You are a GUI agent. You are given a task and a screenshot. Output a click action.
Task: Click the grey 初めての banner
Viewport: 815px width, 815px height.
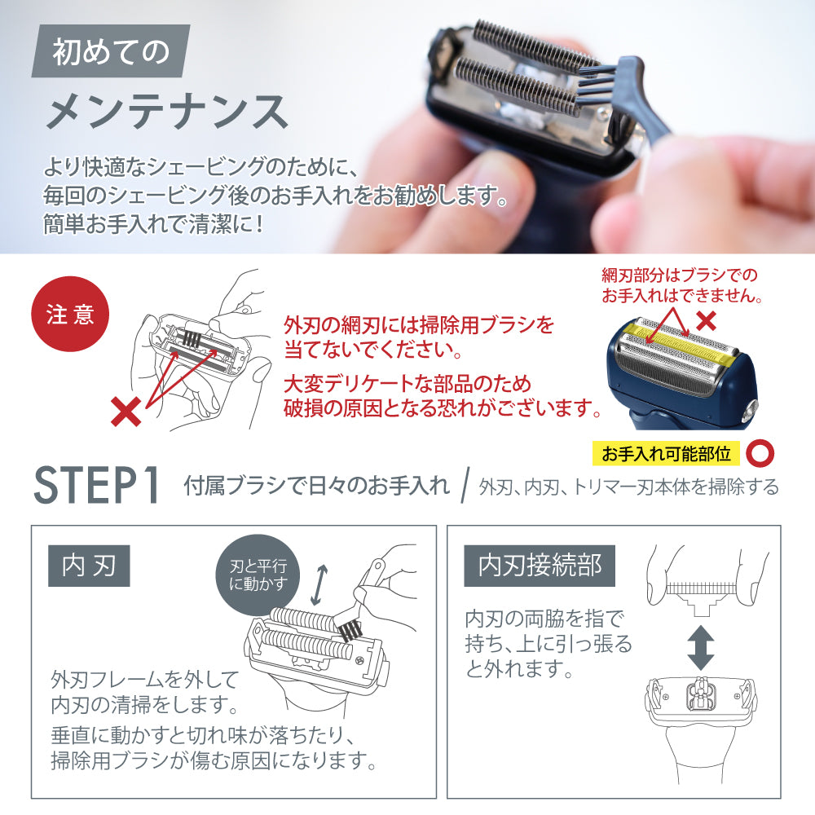click(111, 51)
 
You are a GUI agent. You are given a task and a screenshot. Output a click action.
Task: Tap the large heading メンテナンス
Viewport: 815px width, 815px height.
click(167, 111)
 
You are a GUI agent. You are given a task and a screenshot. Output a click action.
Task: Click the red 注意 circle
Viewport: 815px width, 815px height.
click(70, 315)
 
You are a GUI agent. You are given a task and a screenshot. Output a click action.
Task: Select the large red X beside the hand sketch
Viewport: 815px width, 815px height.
click(126, 411)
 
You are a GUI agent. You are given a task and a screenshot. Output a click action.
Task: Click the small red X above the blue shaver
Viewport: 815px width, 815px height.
click(707, 320)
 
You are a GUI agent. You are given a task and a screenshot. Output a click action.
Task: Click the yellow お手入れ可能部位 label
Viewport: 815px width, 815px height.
click(666, 454)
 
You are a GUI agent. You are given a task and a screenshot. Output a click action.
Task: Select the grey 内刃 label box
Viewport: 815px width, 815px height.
click(89, 566)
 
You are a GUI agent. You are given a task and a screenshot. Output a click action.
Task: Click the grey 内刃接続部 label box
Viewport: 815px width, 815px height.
click(540, 566)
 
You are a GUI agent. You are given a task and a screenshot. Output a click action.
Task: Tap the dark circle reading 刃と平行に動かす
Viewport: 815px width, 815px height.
click(258, 575)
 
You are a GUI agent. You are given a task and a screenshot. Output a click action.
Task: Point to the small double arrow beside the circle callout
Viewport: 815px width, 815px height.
click(319, 585)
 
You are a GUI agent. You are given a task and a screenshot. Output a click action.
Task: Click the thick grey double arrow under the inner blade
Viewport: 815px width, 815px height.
click(701, 647)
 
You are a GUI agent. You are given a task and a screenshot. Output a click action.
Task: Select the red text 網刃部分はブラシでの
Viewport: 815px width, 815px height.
click(680, 275)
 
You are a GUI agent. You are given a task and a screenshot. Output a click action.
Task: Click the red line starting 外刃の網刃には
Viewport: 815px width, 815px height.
click(419, 325)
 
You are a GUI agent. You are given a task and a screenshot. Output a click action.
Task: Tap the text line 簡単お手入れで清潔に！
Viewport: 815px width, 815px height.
click(153, 225)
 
